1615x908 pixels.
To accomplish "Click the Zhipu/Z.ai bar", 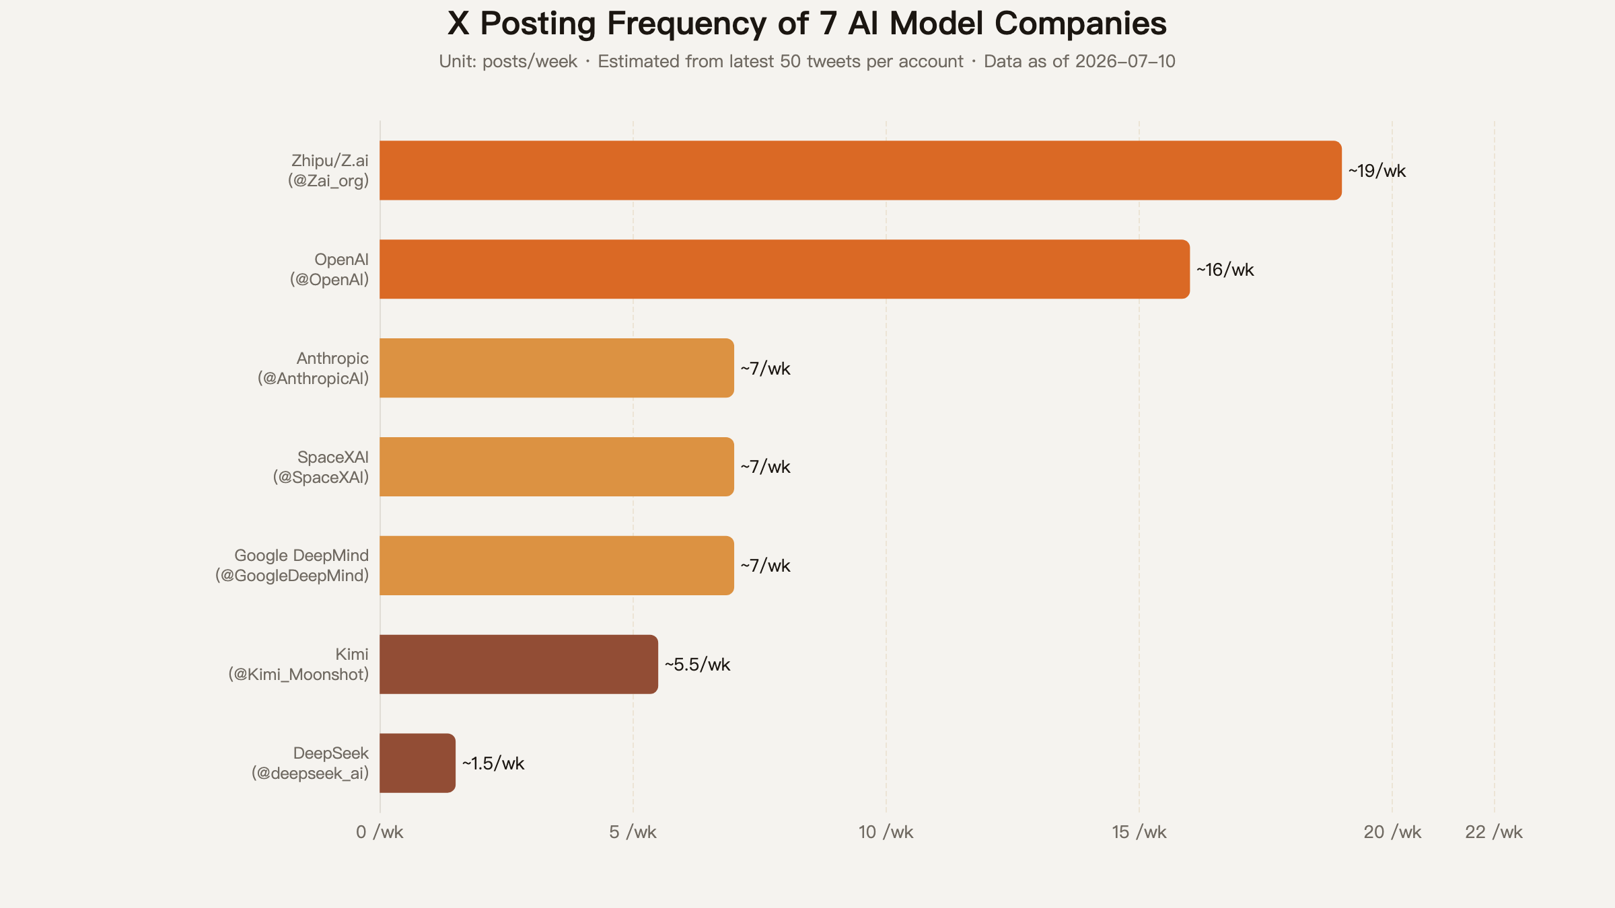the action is (x=861, y=170).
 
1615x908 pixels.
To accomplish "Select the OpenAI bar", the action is (x=785, y=269).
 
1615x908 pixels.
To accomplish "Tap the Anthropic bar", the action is (x=557, y=368).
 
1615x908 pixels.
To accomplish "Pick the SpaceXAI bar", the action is (x=557, y=467).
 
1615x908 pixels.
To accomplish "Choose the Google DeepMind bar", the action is (x=557, y=566).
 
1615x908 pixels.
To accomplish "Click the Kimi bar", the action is (x=519, y=665).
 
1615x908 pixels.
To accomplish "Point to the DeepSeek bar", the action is (x=417, y=763).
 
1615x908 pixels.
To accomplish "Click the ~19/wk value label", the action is (x=1377, y=171).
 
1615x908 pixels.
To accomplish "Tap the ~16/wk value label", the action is (x=1225, y=270).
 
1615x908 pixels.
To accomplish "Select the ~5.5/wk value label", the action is (x=697, y=665).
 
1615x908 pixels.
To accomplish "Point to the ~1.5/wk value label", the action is (x=493, y=763).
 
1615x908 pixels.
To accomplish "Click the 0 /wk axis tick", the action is (x=380, y=832).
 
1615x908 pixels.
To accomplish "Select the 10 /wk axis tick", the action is (x=886, y=832).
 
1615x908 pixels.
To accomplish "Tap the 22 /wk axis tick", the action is (x=1494, y=832).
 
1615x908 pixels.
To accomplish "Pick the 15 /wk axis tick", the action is (x=1139, y=832).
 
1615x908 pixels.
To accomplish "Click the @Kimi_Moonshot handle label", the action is (x=299, y=675).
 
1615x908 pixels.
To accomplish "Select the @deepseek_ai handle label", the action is (x=310, y=773).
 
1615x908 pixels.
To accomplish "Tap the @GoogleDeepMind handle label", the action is (x=292, y=576).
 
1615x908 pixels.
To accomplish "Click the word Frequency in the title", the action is (x=687, y=24).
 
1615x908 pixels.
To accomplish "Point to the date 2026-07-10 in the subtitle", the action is (x=1125, y=61).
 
